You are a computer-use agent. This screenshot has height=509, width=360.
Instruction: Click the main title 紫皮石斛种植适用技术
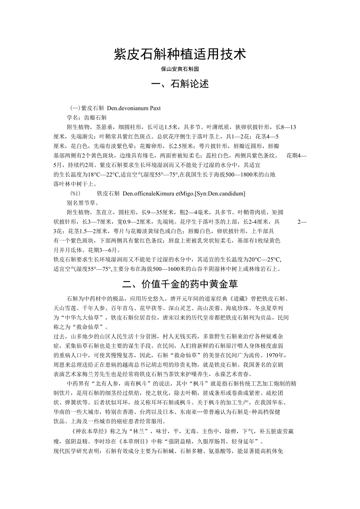pos(180,54)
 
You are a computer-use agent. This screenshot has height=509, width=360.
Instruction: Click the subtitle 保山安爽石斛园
pos(180,69)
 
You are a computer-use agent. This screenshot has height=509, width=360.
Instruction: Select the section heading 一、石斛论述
pos(180,84)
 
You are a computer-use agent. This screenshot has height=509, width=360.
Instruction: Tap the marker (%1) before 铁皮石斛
pos(75,194)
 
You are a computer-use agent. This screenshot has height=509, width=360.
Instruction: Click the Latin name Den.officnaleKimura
pos(149,194)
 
